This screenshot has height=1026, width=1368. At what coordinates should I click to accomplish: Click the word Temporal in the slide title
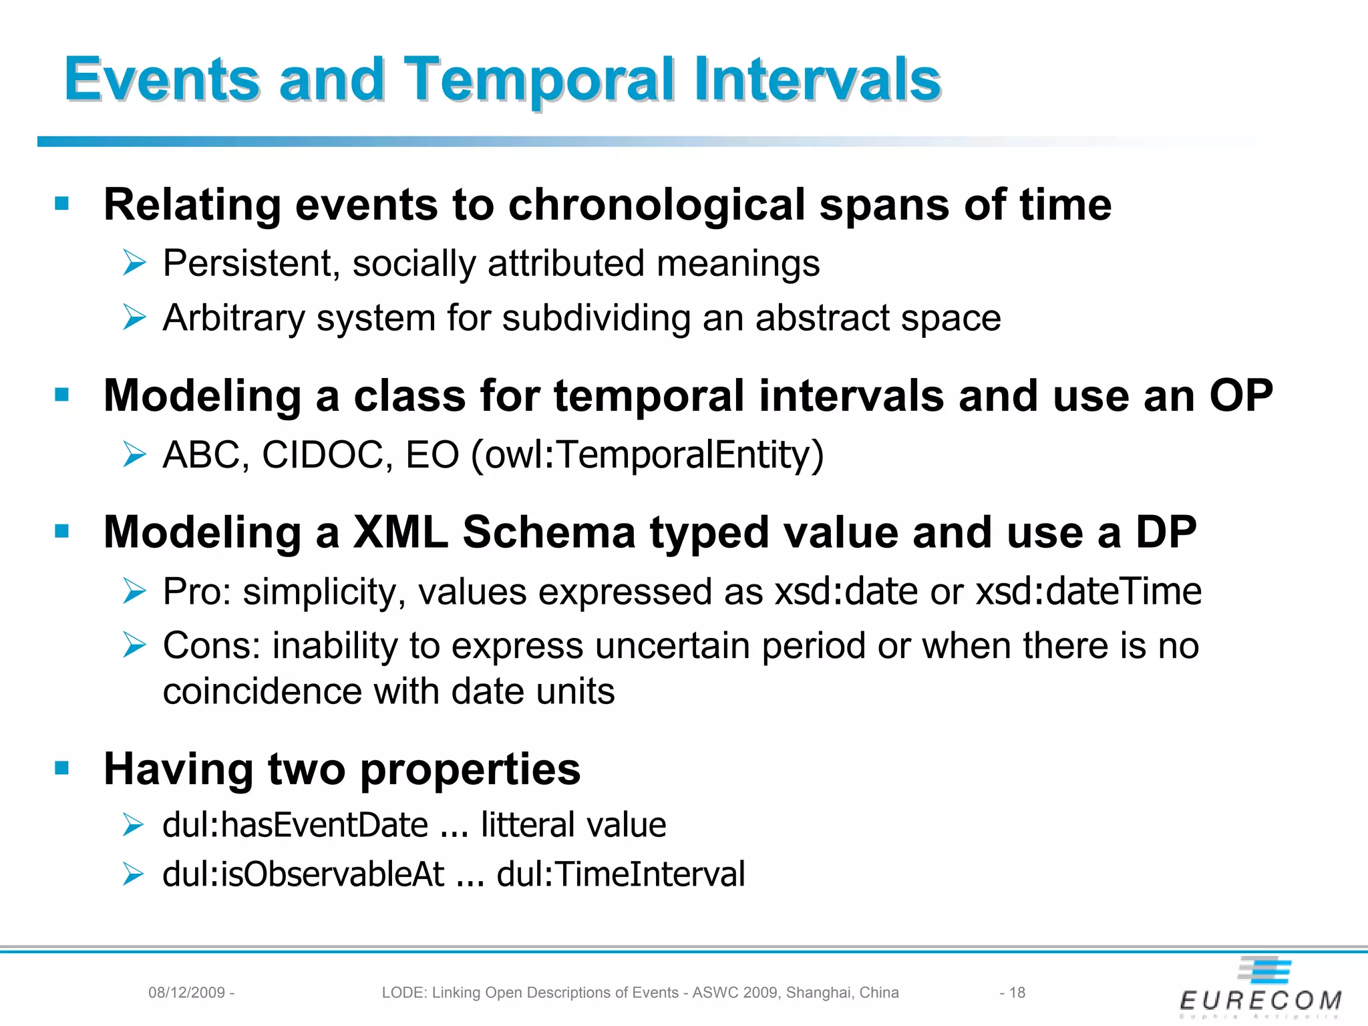(x=541, y=80)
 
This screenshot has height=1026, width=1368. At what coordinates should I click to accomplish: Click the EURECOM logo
(x=1260, y=989)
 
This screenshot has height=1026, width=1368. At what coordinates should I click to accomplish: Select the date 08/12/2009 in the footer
(x=186, y=993)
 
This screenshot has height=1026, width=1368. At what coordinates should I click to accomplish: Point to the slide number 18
(x=1017, y=993)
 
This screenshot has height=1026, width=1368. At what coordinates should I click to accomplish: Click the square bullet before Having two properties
(x=62, y=768)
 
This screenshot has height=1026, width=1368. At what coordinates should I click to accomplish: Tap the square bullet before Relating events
(x=62, y=203)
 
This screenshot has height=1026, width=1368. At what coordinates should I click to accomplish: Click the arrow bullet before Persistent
(x=134, y=263)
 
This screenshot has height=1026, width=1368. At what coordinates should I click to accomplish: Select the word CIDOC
(x=322, y=455)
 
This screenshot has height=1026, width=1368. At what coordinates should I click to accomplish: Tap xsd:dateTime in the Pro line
(x=1088, y=592)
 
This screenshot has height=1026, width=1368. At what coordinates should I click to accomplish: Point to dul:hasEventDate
(x=295, y=824)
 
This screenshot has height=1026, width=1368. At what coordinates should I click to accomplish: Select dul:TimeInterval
(x=621, y=874)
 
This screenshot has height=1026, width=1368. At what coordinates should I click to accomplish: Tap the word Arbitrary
(x=234, y=318)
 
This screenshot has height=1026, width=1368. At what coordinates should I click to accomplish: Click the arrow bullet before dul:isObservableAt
(x=134, y=874)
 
